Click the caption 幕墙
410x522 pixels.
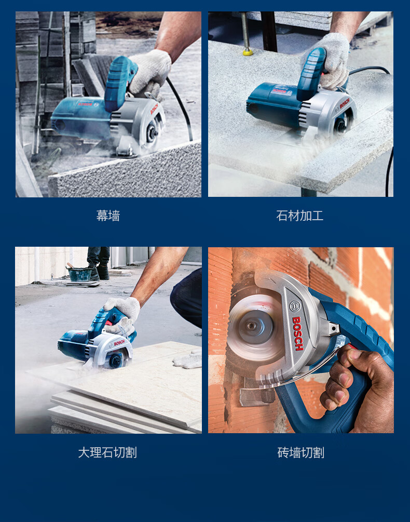[108, 216]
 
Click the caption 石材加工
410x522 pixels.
[300, 216]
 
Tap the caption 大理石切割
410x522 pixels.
[107, 452]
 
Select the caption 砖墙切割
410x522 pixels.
[300, 452]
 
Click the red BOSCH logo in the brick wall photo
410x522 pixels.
[298, 333]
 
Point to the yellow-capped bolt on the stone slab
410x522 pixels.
[248, 51]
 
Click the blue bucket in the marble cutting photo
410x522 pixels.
[80, 274]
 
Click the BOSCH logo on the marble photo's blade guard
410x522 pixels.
[119, 343]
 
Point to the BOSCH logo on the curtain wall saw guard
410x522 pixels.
[154, 109]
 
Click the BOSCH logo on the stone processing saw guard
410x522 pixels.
[345, 103]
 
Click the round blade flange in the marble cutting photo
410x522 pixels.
[116, 360]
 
